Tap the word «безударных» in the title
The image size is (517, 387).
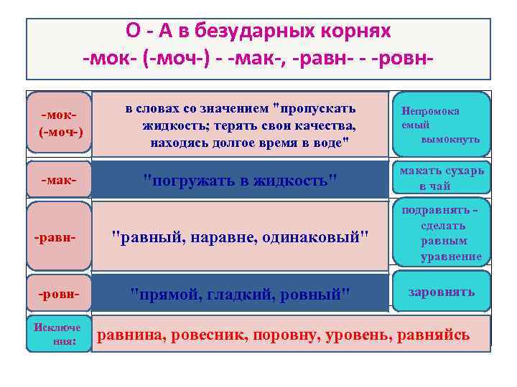254,32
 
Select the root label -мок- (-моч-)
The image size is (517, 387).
61,124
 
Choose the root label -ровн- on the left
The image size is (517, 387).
59,294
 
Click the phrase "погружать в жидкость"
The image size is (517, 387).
241,179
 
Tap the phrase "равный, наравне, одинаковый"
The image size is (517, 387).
242,237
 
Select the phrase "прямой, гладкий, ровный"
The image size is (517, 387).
241,294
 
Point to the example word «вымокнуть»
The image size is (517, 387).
450,138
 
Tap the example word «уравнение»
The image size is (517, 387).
451,256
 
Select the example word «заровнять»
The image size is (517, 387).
442,292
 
